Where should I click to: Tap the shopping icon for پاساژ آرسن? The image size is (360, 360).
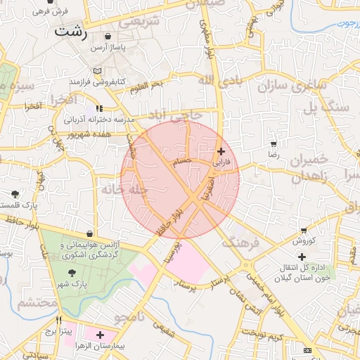tap(107, 36)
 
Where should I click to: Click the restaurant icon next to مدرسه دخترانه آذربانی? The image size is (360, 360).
tap(99, 108)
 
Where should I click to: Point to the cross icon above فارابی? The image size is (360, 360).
tap(221, 151)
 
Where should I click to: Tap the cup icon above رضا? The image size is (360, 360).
tap(273, 143)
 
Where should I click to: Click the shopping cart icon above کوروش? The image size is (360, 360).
tap(304, 230)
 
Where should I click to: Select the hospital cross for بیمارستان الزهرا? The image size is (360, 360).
tap(100, 335)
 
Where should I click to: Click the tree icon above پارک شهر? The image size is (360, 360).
tap(71, 272)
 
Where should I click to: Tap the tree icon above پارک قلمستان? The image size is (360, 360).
tap(15, 193)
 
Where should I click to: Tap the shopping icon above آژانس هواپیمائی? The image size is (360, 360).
tap(90, 233)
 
